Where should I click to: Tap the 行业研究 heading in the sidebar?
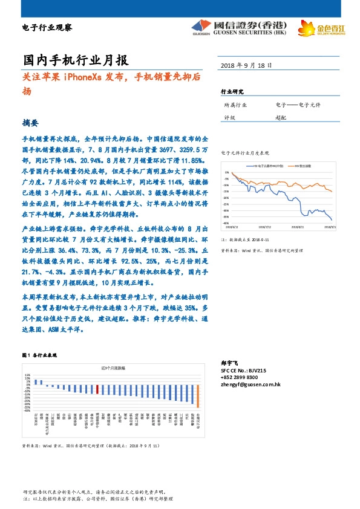coord(232,92)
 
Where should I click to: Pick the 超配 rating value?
coord(281,118)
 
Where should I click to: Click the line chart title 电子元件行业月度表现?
coord(245,154)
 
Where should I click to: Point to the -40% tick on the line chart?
coord(226,223)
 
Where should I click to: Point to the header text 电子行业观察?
coord(47,28)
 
